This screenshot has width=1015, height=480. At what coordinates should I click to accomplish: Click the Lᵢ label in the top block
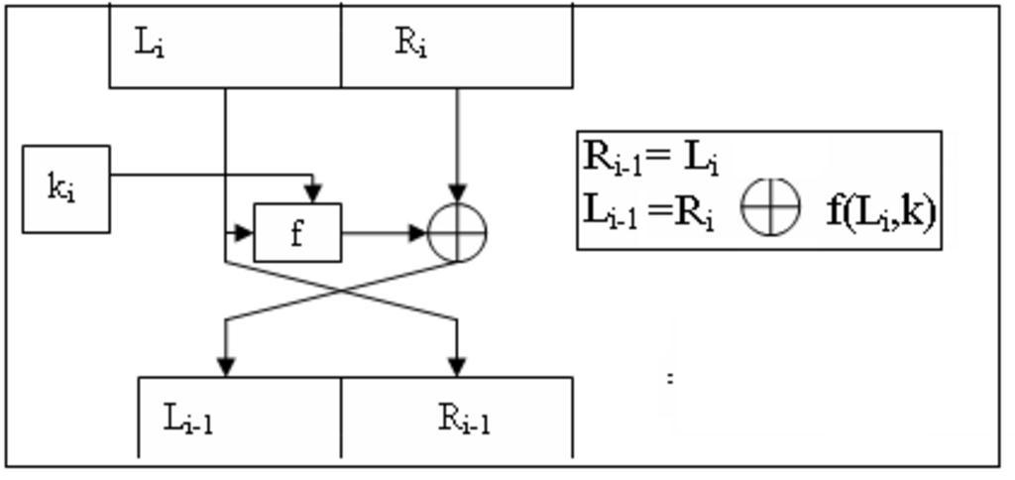coord(149,44)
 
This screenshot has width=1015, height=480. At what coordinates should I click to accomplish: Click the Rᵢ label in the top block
coord(410,44)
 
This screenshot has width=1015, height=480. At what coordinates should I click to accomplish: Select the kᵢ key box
coord(65,188)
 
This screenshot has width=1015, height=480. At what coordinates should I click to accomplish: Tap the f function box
coord(297,233)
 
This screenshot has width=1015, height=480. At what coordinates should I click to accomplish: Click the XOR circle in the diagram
coord(457,233)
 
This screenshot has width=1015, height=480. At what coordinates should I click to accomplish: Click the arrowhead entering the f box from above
coord(313,192)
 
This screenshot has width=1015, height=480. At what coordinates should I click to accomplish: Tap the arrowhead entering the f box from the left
coord(245,233)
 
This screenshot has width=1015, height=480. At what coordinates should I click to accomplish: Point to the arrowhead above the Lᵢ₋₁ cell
coord(226,366)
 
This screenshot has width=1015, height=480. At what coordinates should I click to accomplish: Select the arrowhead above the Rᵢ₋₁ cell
coord(457,366)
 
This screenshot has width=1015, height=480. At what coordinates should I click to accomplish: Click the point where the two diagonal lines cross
coord(342,291)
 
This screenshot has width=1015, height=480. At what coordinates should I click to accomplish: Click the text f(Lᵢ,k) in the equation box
coord(880,211)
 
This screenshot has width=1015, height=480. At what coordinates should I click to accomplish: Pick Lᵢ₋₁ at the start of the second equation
coord(611,211)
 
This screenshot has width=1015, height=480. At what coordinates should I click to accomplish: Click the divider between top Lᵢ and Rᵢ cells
coord(341,46)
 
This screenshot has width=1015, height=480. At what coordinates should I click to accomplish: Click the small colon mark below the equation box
coord(671,377)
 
